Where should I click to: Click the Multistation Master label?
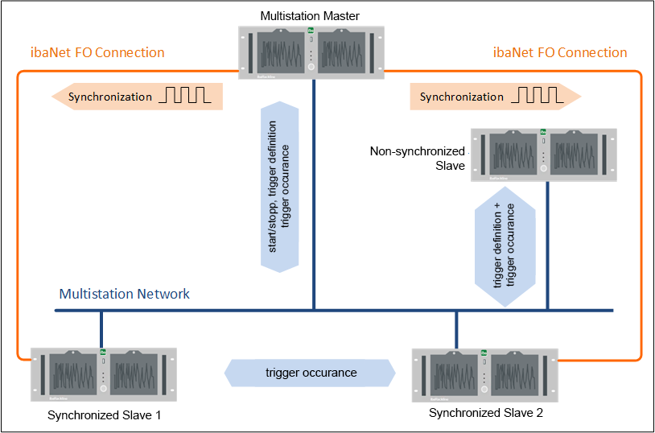[310, 16]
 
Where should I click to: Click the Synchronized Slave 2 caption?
[485, 414]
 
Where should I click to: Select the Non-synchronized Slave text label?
[417, 158]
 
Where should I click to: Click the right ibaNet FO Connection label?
[559, 53]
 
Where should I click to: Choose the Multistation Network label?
[125, 294]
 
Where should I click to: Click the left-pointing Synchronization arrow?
[137, 97]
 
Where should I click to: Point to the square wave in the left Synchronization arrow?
[184, 97]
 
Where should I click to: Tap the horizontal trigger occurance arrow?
[311, 373]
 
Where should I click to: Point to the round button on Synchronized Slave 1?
[103, 388]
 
